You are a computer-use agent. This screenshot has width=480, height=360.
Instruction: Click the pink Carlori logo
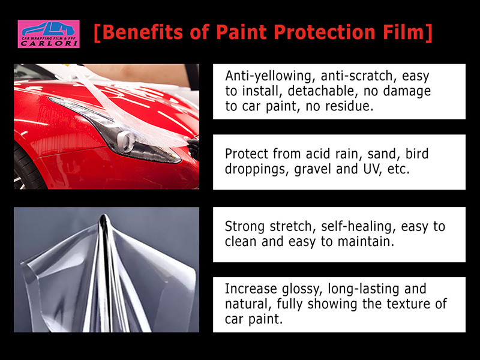(49, 34)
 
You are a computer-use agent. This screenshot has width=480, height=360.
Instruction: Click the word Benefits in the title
(143, 32)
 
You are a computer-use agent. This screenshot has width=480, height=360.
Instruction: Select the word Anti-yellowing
(270, 76)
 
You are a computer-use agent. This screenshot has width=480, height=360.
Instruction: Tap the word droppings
(257, 169)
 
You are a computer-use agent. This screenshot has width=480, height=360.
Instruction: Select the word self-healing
(356, 227)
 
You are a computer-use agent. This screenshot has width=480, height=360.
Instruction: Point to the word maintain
(365, 242)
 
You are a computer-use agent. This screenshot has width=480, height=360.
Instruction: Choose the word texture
(408, 304)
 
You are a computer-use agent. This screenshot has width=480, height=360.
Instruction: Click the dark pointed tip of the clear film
(104, 218)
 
